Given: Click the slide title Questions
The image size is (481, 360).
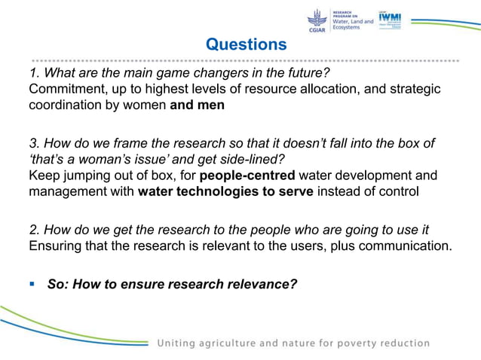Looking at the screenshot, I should [247, 44].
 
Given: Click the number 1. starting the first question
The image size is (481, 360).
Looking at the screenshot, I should [34, 73].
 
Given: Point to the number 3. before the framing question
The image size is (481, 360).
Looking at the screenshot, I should [34, 143].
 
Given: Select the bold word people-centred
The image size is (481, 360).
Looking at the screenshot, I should [252, 176].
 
